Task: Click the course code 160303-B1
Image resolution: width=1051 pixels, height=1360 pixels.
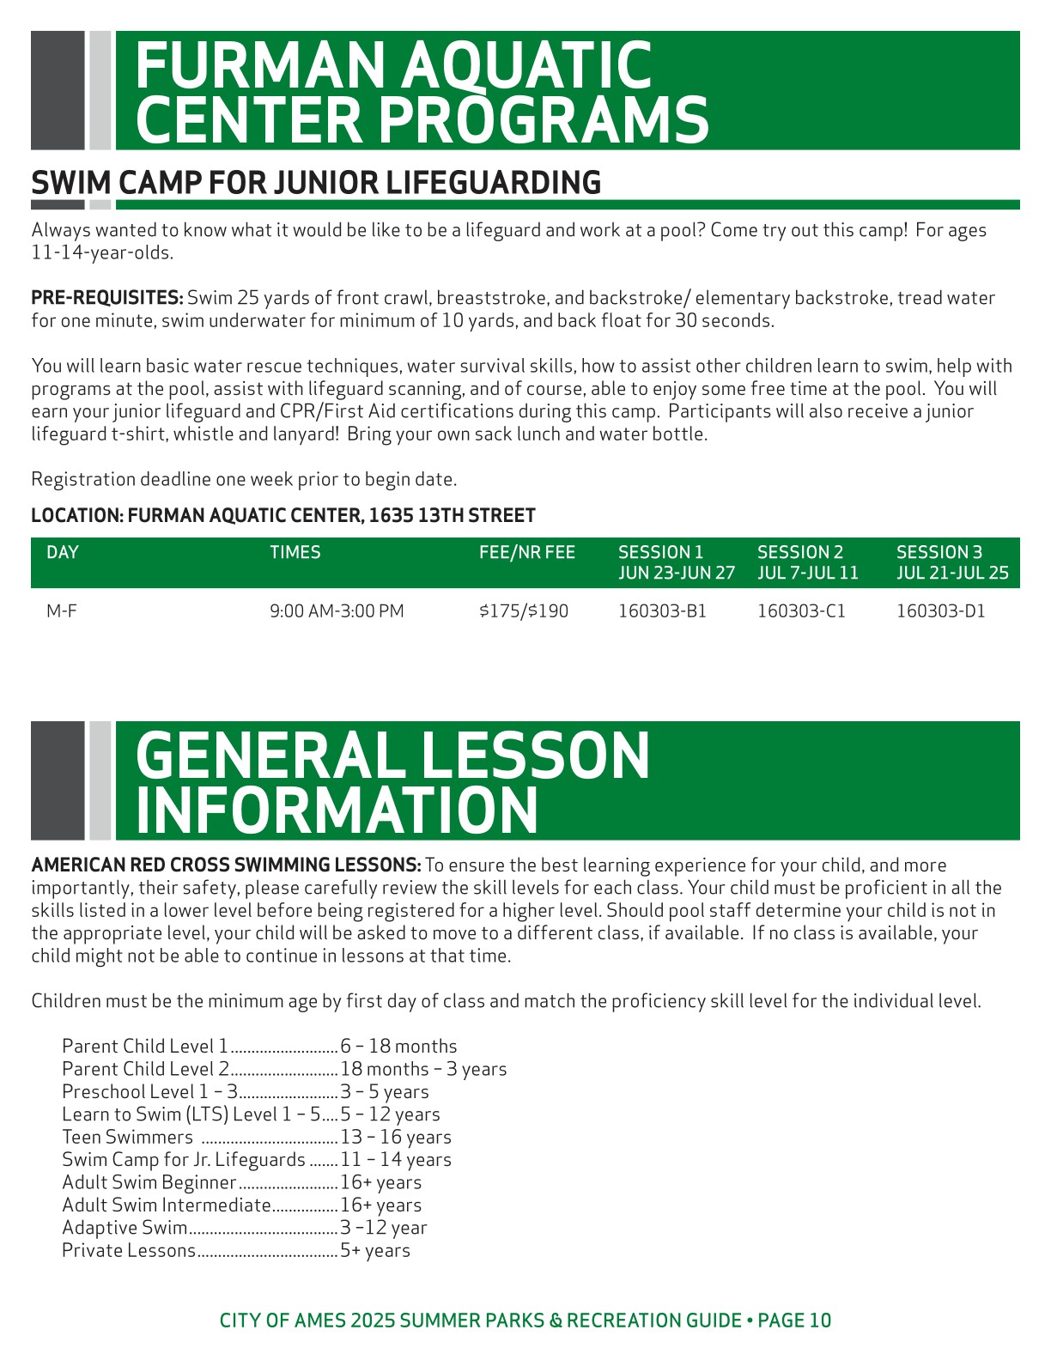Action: [662, 611]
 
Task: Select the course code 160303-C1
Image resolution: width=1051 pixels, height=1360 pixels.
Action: [801, 611]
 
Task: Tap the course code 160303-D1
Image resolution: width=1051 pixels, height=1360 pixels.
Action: [940, 611]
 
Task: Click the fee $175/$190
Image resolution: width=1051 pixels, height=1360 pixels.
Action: [524, 611]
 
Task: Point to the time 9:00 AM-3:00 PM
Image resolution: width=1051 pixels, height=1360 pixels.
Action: [337, 611]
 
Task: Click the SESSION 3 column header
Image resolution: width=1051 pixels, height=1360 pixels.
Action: [939, 552]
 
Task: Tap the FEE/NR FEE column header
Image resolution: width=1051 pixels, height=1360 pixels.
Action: [527, 552]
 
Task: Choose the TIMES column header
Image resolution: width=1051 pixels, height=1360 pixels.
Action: [295, 552]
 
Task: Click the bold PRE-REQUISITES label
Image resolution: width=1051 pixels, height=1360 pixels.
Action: [107, 298]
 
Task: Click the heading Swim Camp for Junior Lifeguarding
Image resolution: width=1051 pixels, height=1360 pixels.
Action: [316, 183]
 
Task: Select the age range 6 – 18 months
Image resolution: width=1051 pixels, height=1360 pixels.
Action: [398, 1046]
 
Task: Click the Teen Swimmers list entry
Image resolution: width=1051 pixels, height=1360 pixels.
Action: [127, 1137]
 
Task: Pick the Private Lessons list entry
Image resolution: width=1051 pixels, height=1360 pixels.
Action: [129, 1250]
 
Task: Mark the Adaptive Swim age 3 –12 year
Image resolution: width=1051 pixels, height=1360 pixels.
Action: [383, 1228]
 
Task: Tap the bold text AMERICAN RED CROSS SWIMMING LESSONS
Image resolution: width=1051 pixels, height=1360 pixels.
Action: [226, 865]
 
